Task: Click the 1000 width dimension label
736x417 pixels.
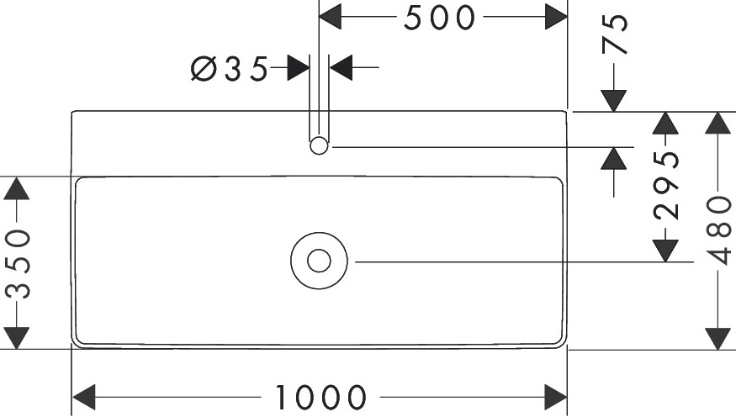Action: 321,396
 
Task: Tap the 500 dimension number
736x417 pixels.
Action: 440,18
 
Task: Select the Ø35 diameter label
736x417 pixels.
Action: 229,68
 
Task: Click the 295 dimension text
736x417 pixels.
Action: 667,185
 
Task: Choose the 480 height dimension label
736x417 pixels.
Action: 717,230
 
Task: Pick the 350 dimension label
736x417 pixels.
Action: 18,263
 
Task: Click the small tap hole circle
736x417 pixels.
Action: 319,146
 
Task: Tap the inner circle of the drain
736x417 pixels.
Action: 319,261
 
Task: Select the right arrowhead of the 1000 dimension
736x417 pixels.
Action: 555,396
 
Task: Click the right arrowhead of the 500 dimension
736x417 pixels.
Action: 555,16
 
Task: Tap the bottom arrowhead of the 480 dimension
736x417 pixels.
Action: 717,337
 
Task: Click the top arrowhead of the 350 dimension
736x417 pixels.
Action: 18,188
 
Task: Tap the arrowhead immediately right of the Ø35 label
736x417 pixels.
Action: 298,67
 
